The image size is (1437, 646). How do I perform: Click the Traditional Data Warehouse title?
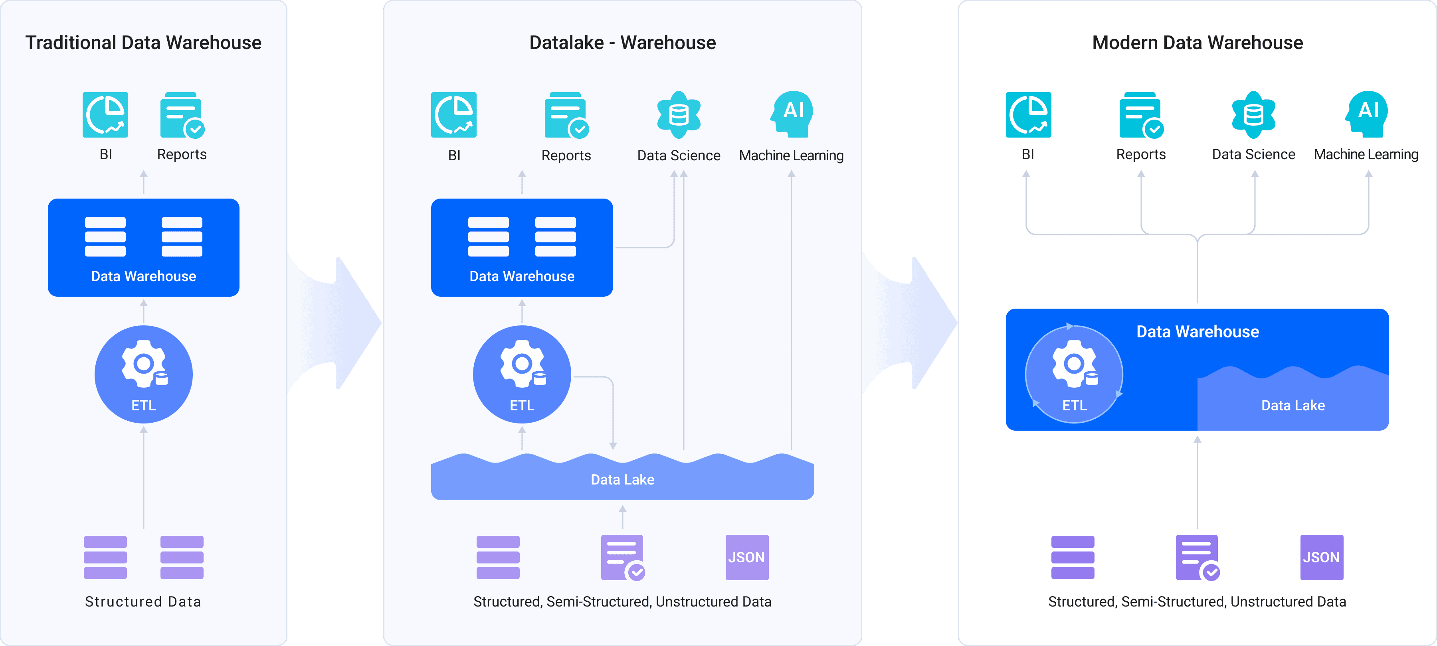pos(143,42)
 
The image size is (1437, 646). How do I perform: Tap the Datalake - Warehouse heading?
pos(623,42)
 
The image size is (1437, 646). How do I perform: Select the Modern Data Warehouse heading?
pos(1197,42)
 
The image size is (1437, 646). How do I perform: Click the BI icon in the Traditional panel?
pos(105,115)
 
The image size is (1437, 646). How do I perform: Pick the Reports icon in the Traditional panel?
pos(182,115)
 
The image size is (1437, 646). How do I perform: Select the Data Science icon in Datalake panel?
pos(679,115)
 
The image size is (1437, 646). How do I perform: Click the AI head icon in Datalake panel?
pos(792,114)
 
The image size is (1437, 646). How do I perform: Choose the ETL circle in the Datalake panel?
pos(522,374)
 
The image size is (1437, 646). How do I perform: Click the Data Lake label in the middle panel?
pos(623,479)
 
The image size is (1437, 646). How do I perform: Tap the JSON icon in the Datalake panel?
pos(747,557)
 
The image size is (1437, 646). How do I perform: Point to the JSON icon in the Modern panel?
pos(1322,557)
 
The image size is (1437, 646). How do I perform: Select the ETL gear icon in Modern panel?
pos(1075,363)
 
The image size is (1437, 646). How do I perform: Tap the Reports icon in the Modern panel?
pos(1141,115)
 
